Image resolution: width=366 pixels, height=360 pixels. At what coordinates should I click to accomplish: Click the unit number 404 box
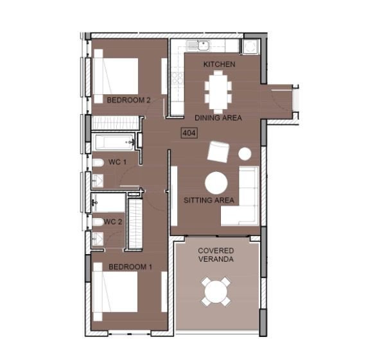click(189, 133)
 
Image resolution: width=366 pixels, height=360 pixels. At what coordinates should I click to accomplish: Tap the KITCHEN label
click(219, 64)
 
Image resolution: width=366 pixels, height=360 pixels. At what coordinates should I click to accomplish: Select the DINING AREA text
click(218, 118)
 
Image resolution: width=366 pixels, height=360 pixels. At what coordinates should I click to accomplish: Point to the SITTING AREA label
click(209, 200)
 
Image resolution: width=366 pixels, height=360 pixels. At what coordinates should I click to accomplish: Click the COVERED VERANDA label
click(216, 255)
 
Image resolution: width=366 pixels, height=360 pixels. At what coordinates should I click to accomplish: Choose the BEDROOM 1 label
click(130, 267)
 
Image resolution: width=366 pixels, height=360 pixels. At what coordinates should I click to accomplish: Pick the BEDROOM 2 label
click(128, 100)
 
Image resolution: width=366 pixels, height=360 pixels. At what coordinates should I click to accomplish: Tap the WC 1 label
click(118, 162)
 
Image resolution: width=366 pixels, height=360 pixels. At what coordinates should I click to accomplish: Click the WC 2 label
click(113, 221)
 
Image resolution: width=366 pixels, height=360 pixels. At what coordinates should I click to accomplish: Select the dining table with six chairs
click(218, 92)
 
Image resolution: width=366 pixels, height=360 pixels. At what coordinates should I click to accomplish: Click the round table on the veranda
click(216, 291)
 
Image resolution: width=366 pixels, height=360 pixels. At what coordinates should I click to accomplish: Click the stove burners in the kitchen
click(177, 78)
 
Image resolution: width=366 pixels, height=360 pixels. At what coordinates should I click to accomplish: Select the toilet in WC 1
click(98, 163)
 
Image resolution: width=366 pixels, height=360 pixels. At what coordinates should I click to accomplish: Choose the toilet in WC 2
click(98, 222)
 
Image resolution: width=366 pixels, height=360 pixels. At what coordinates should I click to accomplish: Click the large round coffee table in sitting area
click(216, 183)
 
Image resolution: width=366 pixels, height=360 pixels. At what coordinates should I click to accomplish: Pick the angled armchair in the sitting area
click(218, 151)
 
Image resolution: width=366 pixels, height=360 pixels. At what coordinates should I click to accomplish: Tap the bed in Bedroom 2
click(116, 76)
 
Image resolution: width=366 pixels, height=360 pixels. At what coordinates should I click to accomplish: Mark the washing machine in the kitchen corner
click(250, 46)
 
